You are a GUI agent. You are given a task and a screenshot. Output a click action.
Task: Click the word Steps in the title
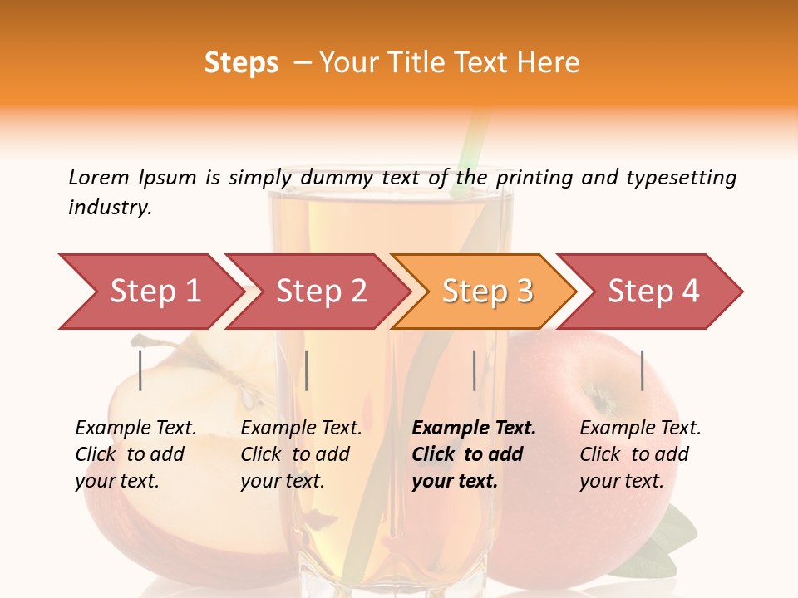[241, 63]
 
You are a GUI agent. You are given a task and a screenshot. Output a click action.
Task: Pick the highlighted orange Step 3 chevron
[486, 291]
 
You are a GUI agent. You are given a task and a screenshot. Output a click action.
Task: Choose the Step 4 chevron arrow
[653, 291]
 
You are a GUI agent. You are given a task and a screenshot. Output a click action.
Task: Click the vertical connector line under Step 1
[140, 370]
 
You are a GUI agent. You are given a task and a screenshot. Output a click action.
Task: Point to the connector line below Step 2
[307, 370]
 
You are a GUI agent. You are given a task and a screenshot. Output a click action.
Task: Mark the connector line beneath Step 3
[474, 370]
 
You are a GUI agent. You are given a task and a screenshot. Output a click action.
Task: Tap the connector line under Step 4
[642, 370]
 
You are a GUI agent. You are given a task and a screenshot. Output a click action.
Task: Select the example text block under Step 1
[136, 454]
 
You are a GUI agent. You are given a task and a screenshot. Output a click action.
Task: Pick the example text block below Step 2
[301, 454]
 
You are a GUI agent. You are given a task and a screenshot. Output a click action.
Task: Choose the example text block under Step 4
[640, 454]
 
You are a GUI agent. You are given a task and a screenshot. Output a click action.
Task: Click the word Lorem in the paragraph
[98, 177]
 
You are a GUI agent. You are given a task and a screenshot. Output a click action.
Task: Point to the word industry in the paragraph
[109, 208]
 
